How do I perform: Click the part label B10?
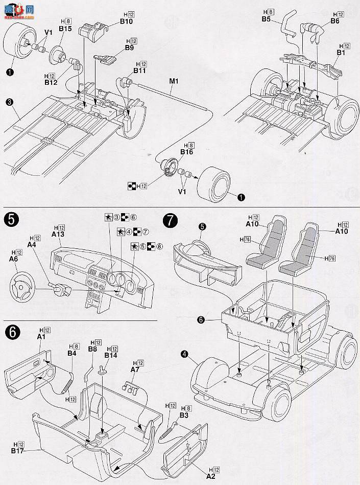tap(126, 21)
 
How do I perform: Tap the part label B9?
tap(129, 48)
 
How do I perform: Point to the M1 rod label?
tap(174, 80)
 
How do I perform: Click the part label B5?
tap(266, 18)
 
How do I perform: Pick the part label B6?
tap(334, 21)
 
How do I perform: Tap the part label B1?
tap(341, 52)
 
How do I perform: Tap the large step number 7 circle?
tap(170, 220)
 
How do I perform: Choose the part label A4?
tap(32, 244)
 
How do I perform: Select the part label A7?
tap(135, 369)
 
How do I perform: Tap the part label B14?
tap(111, 355)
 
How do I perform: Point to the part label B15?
tap(65, 30)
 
